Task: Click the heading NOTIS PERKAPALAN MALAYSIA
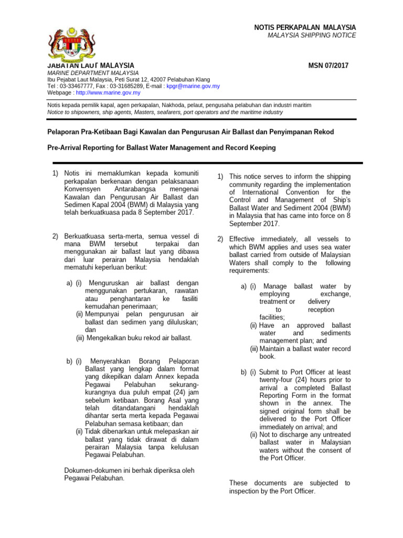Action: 305,27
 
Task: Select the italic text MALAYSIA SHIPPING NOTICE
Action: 312,35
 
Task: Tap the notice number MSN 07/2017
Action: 330,66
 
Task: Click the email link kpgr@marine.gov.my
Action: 193,86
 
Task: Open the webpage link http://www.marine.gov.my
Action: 108,92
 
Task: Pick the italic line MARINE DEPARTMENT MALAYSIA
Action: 93,73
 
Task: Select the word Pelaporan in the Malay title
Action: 64,131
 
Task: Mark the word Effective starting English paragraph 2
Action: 244,239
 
